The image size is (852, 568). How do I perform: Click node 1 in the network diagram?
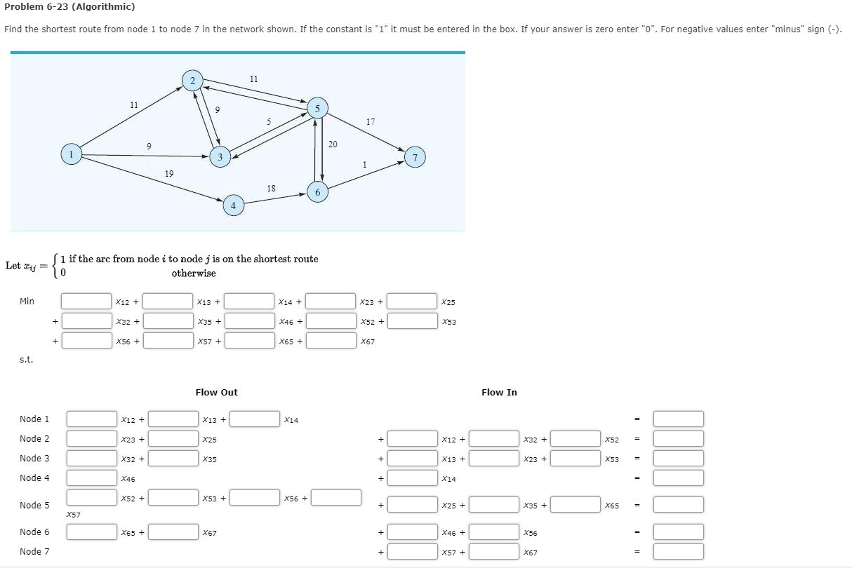(x=71, y=154)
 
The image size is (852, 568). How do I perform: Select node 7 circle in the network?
(x=415, y=158)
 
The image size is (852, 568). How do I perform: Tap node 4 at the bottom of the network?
(x=233, y=205)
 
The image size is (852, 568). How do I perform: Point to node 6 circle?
(x=317, y=191)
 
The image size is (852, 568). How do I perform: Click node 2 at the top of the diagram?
(x=192, y=80)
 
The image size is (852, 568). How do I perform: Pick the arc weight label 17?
(x=370, y=122)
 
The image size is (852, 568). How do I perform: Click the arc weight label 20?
(x=333, y=144)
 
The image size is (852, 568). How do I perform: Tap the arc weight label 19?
(x=169, y=173)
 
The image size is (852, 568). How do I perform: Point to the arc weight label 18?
(x=272, y=188)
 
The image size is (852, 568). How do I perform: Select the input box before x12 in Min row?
(x=86, y=302)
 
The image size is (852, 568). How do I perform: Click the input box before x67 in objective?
(x=331, y=341)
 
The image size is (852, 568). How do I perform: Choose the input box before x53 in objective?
(x=412, y=321)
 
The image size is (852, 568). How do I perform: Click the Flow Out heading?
(x=216, y=393)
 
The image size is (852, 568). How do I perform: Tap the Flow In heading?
(x=499, y=393)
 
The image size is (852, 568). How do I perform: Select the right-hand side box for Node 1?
(x=678, y=419)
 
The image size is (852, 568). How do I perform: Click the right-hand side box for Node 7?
(x=678, y=552)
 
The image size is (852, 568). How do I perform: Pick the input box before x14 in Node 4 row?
(x=413, y=478)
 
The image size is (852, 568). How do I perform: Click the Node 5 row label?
(x=34, y=505)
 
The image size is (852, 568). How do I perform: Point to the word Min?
(x=27, y=302)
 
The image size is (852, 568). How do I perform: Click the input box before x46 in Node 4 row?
(x=91, y=478)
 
